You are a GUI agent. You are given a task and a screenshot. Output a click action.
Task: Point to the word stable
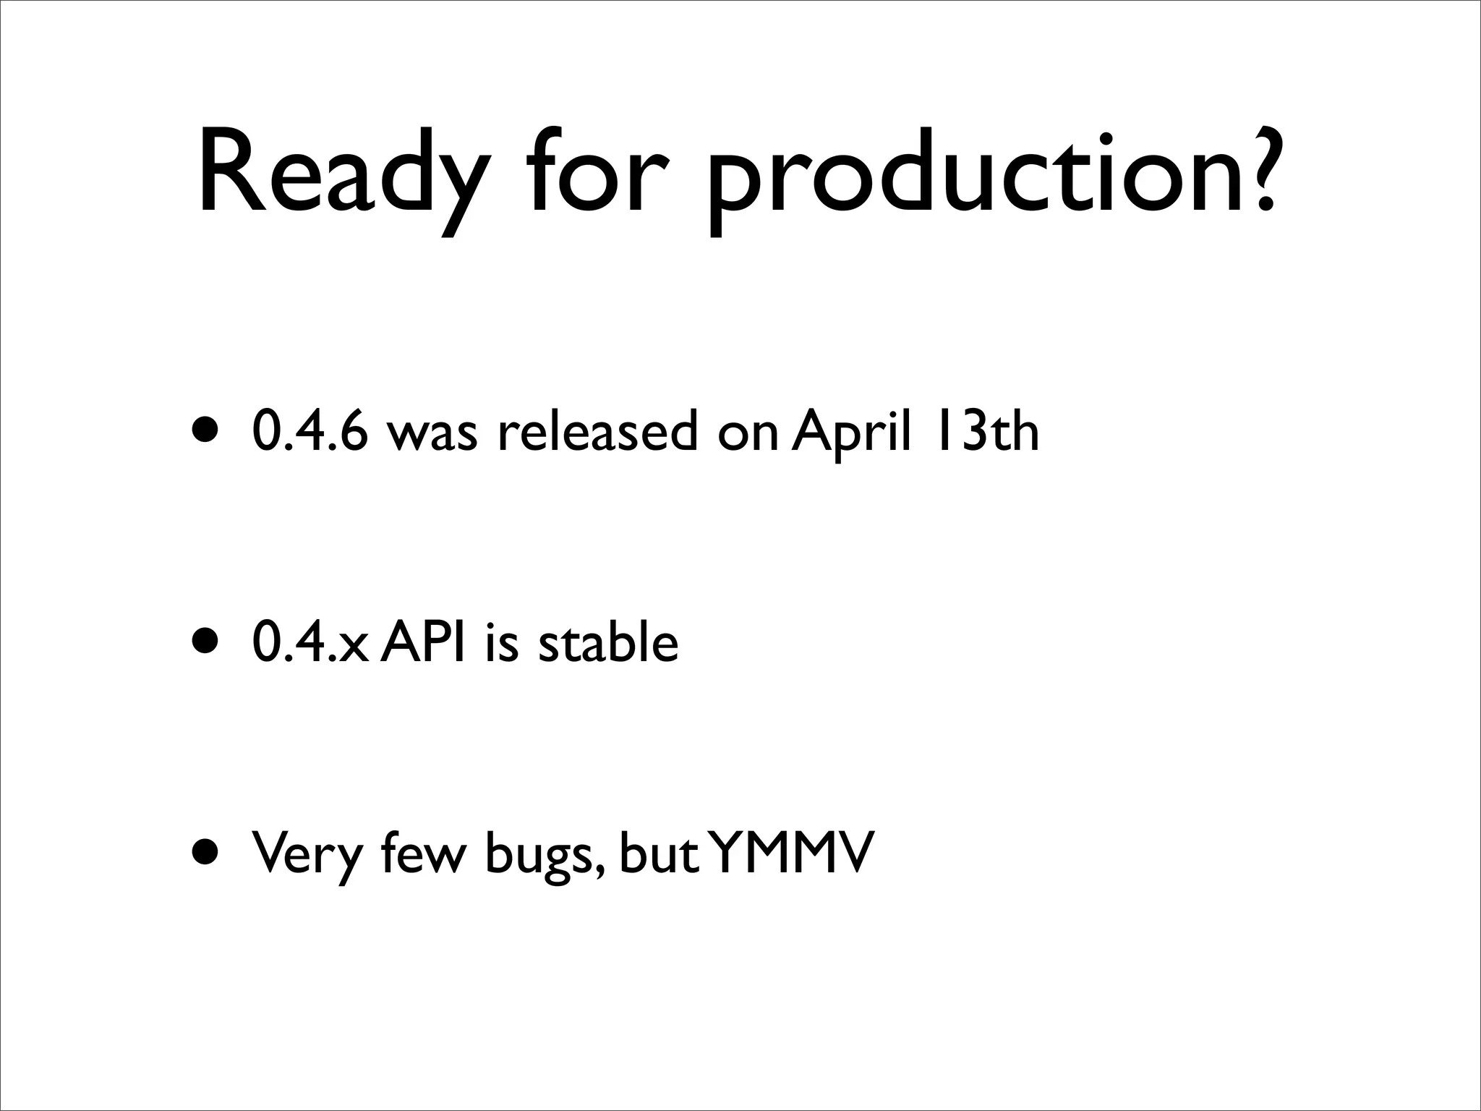(x=608, y=642)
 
